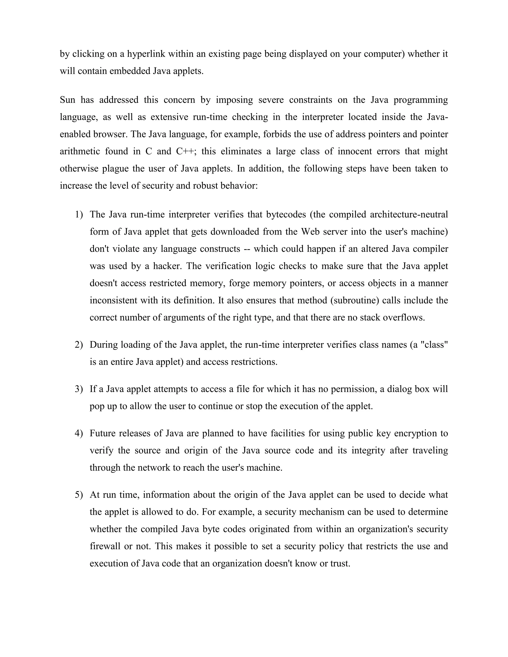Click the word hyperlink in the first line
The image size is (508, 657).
pos(146,54)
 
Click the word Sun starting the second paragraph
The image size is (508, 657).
pos(67,100)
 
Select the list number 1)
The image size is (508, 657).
pos(79,215)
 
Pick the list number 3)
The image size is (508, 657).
pos(79,389)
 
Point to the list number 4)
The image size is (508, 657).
pos(79,433)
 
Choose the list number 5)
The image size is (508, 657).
pos(79,495)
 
